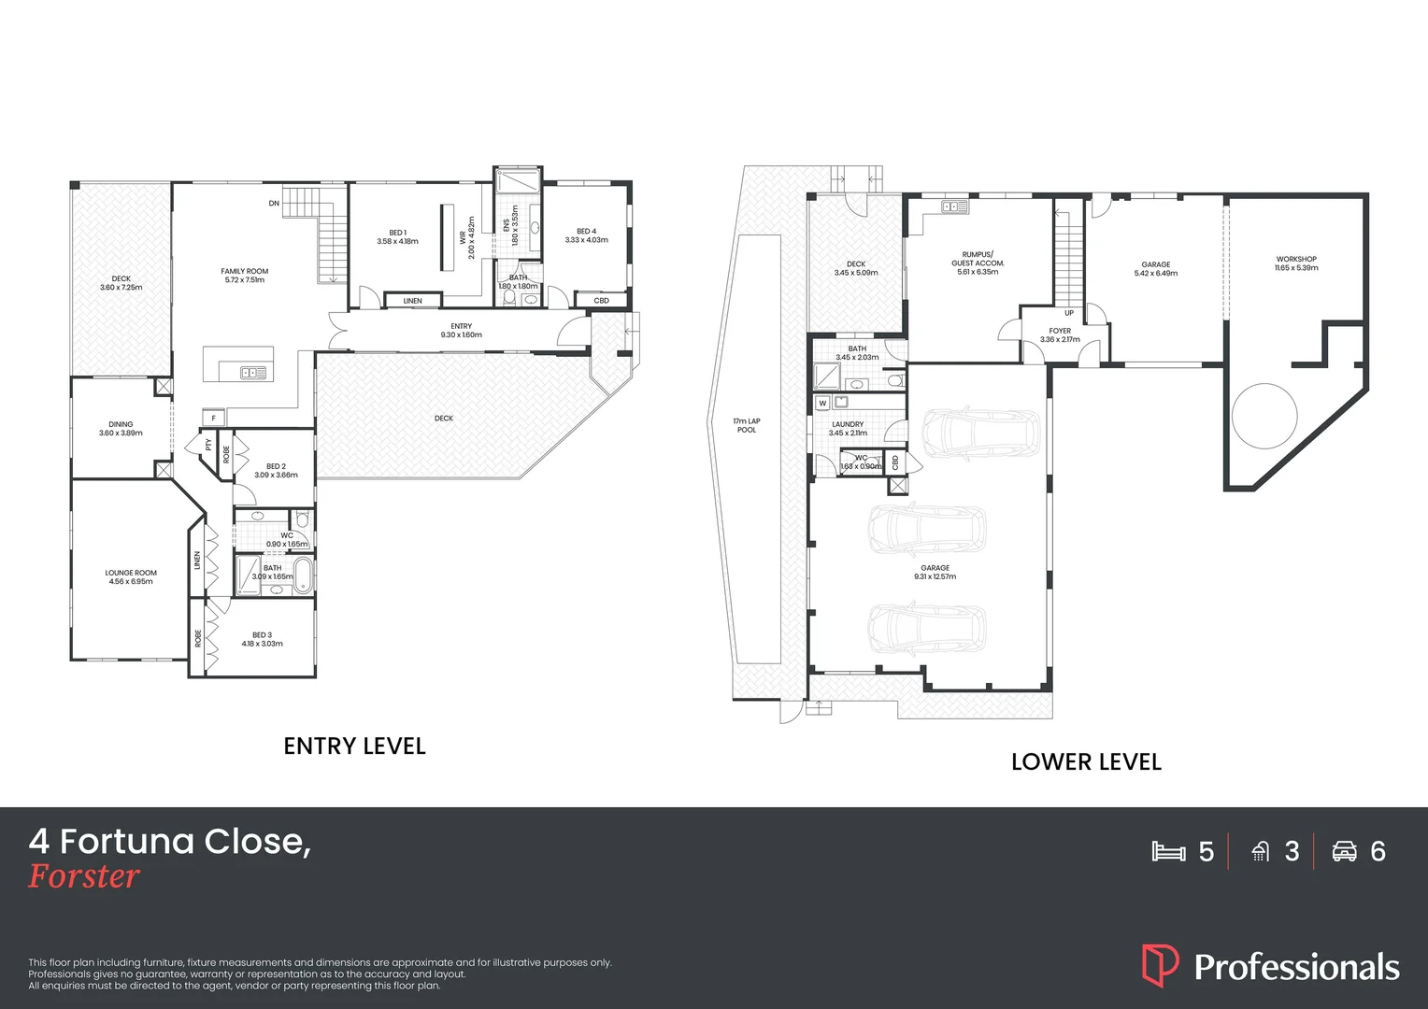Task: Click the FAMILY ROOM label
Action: coord(245,271)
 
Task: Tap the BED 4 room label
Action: coord(586,231)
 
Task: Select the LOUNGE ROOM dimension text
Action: coord(131,582)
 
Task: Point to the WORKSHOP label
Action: coord(1296,259)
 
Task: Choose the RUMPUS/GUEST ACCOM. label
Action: coord(978,259)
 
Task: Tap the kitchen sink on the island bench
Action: coord(253,373)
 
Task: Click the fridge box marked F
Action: coord(214,418)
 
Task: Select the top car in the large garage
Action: coord(980,432)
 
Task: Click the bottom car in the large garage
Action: coord(927,628)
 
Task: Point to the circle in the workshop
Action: coord(1264,417)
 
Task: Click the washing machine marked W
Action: coord(822,404)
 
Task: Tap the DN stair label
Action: coord(274,203)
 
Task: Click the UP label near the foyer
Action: coord(1069,313)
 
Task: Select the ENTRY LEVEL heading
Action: coord(354,746)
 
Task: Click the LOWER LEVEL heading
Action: coord(1086,762)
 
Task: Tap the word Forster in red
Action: coord(84,876)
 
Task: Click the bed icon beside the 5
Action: coord(1168,851)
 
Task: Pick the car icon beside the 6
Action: coord(1344,851)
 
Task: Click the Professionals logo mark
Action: coord(1160,965)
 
